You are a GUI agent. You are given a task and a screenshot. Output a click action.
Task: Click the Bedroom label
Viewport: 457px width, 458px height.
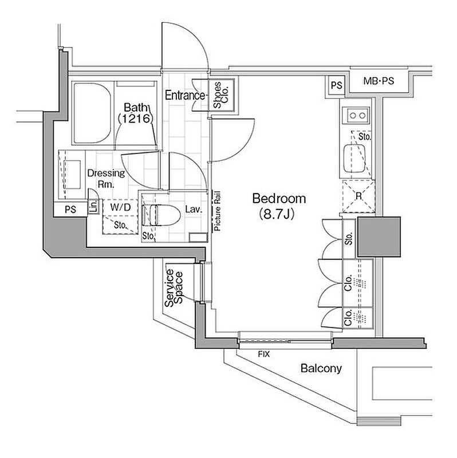point(279,199)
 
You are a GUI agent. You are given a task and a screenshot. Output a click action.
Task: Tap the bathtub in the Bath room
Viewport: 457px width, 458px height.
point(92,113)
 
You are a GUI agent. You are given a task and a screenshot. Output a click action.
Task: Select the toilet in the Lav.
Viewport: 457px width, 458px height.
point(160,215)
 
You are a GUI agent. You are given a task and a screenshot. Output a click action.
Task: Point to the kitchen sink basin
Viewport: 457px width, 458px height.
point(354,158)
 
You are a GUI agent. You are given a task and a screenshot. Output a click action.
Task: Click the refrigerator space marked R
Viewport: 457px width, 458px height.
point(358,196)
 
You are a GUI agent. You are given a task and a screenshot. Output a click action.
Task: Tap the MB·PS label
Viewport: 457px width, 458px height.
point(379,81)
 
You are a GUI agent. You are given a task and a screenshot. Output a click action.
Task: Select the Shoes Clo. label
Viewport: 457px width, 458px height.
point(220,95)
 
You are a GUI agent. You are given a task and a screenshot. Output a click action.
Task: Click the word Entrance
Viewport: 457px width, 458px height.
point(185,95)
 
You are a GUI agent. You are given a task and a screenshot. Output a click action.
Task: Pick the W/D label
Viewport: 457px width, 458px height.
point(120,207)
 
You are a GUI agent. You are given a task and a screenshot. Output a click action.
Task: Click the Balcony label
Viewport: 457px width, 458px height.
point(321,368)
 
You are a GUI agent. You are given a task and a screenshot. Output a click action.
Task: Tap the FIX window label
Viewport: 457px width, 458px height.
point(263,354)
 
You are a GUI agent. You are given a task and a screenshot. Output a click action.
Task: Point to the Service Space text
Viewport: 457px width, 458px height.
point(174,288)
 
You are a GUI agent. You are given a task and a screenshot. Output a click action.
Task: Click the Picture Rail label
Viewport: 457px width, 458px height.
point(217,211)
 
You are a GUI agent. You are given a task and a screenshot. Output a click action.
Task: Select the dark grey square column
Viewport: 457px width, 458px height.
point(379,237)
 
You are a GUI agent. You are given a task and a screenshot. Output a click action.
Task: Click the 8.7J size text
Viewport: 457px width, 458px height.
point(277,214)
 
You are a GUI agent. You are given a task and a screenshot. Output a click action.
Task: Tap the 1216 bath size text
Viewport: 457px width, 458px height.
point(135,119)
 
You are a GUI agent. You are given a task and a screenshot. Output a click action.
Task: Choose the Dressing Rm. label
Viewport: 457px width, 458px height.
point(106,179)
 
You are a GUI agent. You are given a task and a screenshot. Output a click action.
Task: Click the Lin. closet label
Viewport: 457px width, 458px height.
point(93,206)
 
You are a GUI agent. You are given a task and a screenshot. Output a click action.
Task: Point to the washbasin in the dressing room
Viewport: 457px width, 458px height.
point(72,175)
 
